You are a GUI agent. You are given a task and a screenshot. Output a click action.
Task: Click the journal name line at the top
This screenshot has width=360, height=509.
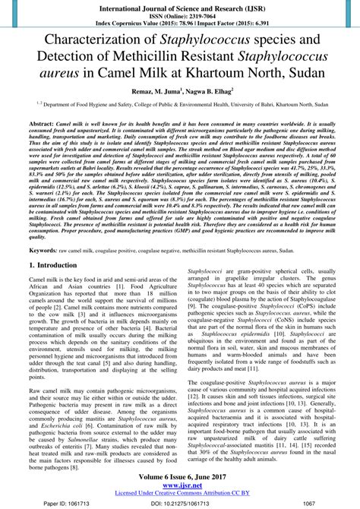179,7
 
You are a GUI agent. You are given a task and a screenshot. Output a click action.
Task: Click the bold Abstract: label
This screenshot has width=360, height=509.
41,122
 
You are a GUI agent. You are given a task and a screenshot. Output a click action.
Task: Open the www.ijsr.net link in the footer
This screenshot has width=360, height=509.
179,485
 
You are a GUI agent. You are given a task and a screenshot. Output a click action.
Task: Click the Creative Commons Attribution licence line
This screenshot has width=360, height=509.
179,493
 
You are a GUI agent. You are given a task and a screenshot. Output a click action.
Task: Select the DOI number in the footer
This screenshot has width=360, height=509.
180,503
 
